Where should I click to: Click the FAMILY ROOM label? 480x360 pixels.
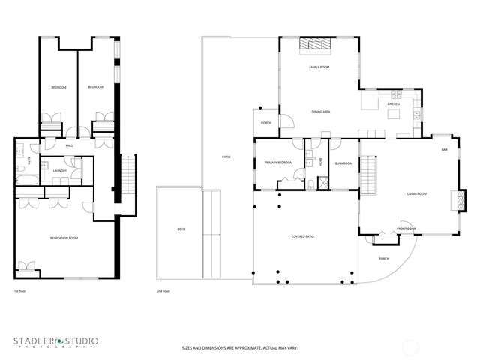319,67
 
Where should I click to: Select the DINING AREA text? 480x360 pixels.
321,112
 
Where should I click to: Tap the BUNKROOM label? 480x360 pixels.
343,163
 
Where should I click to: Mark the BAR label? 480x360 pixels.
444,150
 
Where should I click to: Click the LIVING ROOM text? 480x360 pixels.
416,194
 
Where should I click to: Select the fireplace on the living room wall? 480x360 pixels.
451,199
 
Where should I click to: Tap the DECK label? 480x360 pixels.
181,229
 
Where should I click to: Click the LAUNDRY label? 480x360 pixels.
60,171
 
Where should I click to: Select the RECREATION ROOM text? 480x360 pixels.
64,238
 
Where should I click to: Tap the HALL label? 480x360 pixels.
68,146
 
